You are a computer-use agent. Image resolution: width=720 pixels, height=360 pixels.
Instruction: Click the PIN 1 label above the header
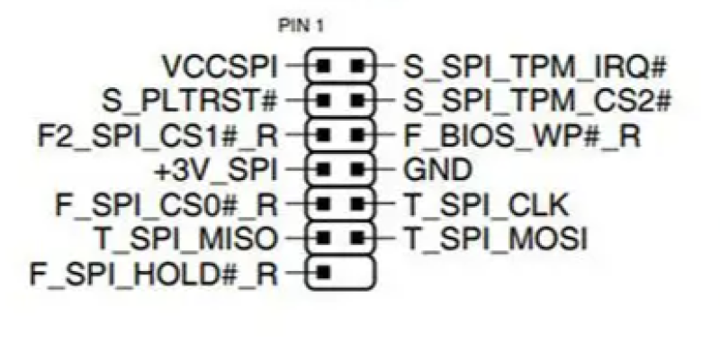tap(301, 25)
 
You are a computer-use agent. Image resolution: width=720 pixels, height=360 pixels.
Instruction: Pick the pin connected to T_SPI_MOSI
tap(357, 236)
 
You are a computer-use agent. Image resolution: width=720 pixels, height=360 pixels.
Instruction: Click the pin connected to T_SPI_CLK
tap(357, 202)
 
